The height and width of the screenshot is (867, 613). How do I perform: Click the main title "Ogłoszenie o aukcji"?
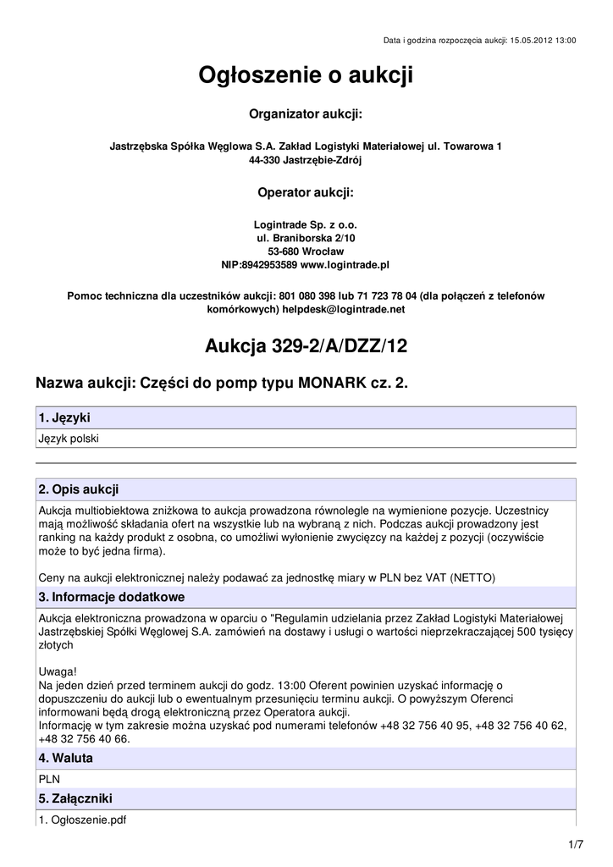[306, 76]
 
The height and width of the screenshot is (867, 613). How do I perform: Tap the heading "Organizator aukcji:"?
[306, 113]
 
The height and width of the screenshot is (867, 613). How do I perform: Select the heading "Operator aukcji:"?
[306, 193]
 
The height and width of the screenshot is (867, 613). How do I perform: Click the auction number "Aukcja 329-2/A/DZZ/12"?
[306, 346]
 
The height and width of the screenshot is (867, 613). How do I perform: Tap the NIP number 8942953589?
[270, 265]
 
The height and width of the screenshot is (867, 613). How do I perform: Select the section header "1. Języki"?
[65, 418]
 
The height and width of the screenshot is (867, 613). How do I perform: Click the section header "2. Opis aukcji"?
[79, 489]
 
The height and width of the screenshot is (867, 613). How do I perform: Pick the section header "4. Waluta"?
[66, 758]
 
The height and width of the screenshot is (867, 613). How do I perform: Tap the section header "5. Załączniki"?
[75, 798]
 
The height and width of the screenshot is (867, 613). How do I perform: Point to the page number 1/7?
[576, 844]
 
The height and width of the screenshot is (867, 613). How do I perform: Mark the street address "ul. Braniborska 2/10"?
[306, 239]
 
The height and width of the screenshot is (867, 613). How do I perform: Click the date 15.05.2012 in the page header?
[528, 40]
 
